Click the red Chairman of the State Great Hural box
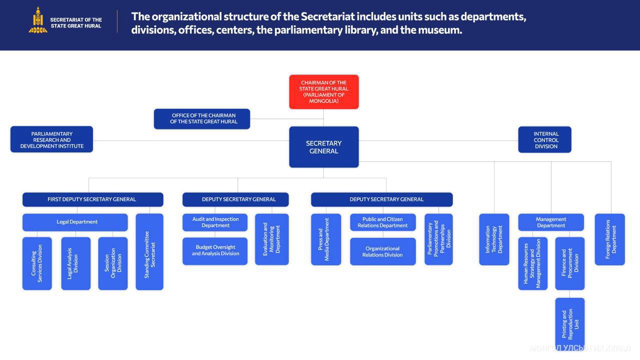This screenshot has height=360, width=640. pos(324,91)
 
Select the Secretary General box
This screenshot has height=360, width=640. pos(324,147)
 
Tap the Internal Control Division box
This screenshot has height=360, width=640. pos(544,139)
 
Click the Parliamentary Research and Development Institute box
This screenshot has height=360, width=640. pos(52,139)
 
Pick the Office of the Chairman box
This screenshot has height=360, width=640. pos(202,119)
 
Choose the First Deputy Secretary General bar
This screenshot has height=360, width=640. pos(93,199)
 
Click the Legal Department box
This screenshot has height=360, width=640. pos(75,222)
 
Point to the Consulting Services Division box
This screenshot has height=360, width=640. pos(37,263)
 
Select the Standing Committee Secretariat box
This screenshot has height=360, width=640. pos(150,252)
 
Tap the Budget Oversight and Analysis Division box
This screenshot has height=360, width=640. pos(215,251)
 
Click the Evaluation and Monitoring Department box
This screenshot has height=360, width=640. pos(272,239)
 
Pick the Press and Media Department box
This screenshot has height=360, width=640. pos(326,239)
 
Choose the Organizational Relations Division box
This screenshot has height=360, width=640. pos(383,251)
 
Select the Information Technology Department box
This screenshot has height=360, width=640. pos(494,239)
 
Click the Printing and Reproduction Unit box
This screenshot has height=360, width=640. pos(570,323)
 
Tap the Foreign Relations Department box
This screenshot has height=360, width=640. pos(609,239)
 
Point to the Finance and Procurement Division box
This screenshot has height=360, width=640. pos(570,263)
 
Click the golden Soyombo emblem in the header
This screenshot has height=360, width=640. pos(38,20)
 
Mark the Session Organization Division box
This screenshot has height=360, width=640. pos(113,263)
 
